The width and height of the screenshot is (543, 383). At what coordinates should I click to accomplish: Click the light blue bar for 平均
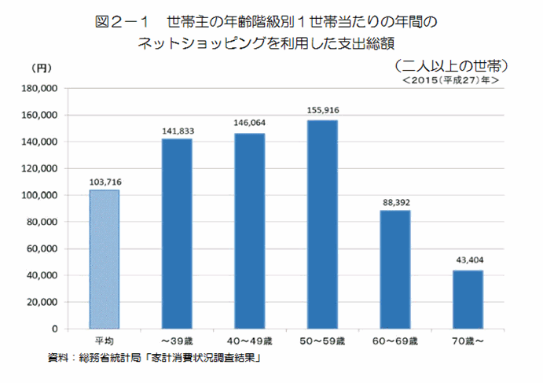click(x=105, y=259)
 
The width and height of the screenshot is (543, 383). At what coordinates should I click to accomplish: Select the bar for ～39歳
click(x=177, y=234)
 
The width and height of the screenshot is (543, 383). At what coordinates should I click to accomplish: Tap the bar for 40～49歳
click(x=249, y=230)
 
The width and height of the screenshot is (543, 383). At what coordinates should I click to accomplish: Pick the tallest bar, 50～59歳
click(x=322, y=224)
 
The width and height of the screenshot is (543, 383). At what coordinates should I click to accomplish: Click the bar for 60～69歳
click(x=395, y=269)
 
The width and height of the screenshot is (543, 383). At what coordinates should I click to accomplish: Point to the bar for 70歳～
click(x=468, y=299)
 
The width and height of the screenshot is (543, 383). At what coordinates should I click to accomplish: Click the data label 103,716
click(x=105, y=182)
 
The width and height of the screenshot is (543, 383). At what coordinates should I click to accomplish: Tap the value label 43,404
click(x=468, y=263)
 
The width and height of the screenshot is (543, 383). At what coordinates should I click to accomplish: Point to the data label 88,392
click(x=395, y=203)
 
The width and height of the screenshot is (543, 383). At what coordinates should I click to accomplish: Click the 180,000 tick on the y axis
click(x=43, y=89)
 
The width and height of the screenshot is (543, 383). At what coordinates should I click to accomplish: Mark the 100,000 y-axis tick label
click(x=43, y=195)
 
